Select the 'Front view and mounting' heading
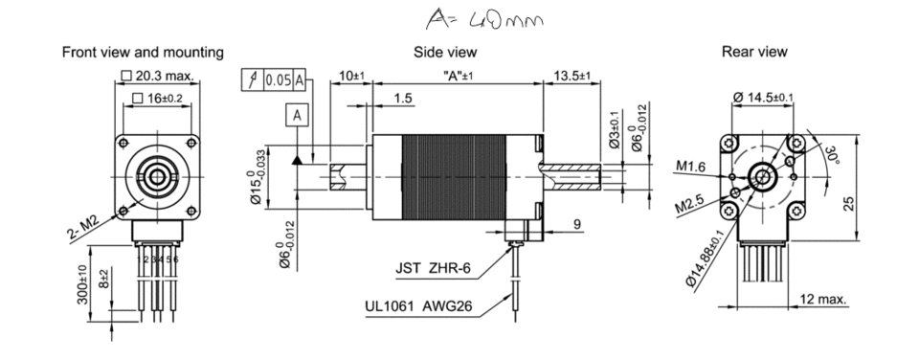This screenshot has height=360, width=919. [x=144, y=52]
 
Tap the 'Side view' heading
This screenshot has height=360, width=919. [x=446, y=52]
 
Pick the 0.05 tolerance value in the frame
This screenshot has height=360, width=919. [x=279, y=80]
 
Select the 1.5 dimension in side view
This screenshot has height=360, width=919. [x=402, y=99]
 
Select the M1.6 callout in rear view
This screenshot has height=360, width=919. [x=692, y=167]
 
